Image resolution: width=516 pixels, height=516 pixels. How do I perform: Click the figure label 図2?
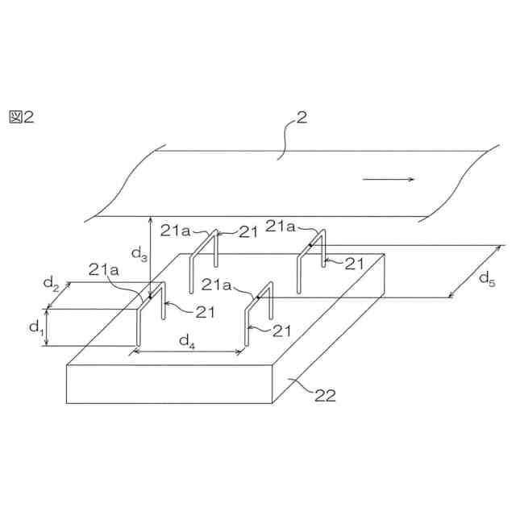[21, 117]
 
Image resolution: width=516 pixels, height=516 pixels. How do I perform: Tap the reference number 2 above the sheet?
[301, 118]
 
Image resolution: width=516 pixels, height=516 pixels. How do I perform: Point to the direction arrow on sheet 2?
[389, 179]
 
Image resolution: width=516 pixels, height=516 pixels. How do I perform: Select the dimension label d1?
[36, 327]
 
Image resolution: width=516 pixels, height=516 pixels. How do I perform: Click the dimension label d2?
[51, 283]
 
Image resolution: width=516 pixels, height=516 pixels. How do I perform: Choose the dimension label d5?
[487, 278]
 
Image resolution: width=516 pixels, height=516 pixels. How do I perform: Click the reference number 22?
[325, 395]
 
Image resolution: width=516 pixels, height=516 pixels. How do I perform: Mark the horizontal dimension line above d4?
[189, 352]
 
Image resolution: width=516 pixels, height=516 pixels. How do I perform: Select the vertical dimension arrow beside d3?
[150, 258]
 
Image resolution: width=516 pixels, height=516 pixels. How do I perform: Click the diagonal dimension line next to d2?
[60, 294]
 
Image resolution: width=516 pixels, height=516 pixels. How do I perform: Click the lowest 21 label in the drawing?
[281, 330]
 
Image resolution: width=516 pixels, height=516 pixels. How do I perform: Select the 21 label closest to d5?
[356, 263]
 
